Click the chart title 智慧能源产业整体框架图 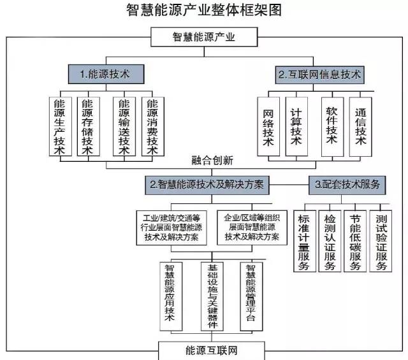coord(204,10)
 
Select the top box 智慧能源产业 coord(204,37)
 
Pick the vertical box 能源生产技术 coord(60,126)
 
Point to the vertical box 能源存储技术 coord(88,126)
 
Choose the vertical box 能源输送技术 coord(124,126)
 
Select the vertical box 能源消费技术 coord(152,126)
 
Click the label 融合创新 coord(212,159)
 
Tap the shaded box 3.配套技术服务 coord(347,185)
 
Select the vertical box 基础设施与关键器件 coord(213,295)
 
